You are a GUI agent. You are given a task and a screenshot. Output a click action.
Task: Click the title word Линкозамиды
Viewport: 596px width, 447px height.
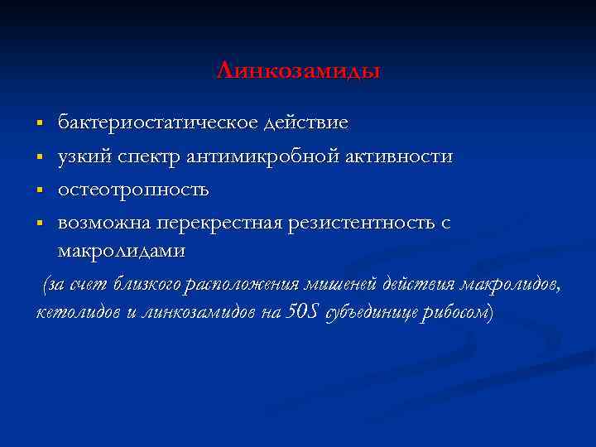298,71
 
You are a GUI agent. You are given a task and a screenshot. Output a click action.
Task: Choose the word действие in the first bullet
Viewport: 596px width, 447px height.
305,123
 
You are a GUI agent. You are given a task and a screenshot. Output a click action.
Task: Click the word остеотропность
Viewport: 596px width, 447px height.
133,190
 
